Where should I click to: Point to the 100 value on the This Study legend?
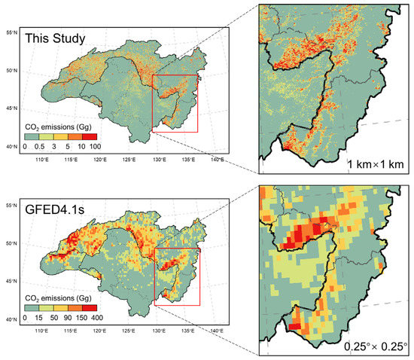coord(96,146)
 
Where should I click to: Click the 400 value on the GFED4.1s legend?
coord(96,318)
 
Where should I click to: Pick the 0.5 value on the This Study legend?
coord(38,146)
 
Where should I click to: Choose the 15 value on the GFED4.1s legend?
coord(38,318)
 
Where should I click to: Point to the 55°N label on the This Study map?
coord(11,33)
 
